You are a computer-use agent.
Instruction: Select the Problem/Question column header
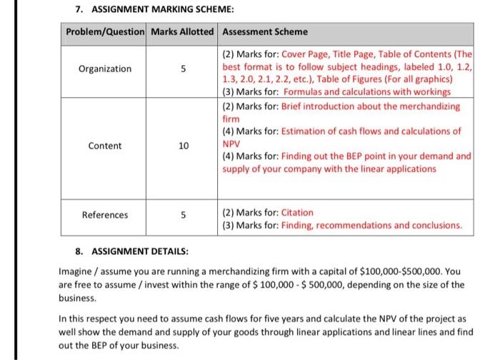104,32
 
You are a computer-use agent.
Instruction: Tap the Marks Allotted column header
183,32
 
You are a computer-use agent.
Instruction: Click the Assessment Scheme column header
265,32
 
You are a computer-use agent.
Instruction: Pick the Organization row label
104,69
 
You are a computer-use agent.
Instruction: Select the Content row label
104,146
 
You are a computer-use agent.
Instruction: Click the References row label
104,214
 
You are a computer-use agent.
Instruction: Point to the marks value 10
184,146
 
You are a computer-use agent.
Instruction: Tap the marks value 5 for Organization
184,69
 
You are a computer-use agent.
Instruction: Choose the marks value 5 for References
184,214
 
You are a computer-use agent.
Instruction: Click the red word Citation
299,212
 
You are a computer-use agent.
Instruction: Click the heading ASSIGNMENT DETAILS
131,251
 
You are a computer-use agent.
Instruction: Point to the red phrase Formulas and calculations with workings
366,92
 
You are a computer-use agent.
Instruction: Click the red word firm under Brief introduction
230,119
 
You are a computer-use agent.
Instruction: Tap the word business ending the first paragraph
78,297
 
